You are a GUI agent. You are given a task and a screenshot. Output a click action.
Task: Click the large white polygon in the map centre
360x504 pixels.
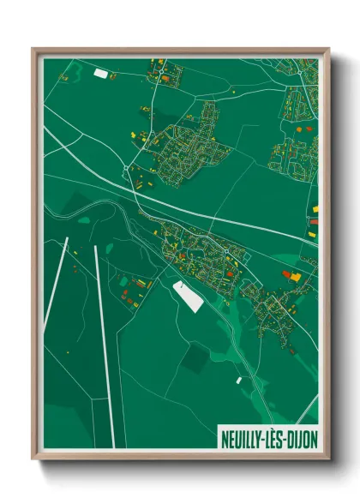pos(188,295)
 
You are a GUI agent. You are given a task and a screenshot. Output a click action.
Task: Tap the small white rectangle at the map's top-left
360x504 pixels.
pos(101,75)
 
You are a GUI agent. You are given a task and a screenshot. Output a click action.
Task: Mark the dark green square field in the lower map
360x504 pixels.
pos(194,357)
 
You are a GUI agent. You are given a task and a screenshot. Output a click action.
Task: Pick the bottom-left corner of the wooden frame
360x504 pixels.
pos(33,459)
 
